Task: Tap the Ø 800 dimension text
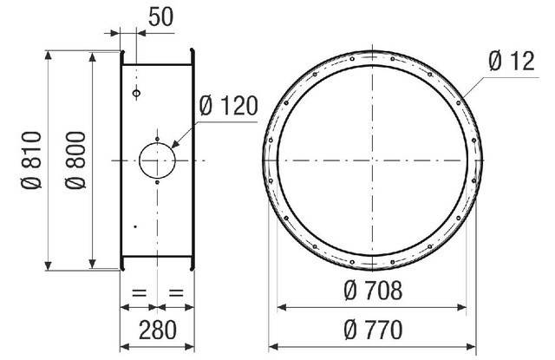click(76, 160)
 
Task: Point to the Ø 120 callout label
click(228, 107)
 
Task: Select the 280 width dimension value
click(157, 330)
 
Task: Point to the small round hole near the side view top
click(136, 92)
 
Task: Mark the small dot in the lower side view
click(134, 226)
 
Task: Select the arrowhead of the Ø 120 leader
click(176, 145)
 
